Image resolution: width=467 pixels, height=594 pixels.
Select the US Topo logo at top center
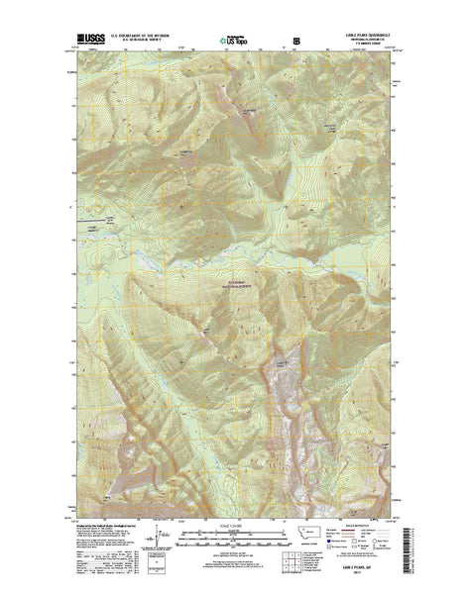pyautogui.click(x=234, y=42)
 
